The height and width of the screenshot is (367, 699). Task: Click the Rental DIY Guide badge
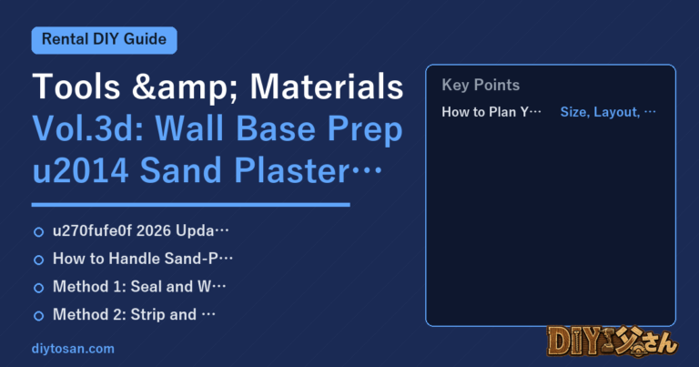[x=105, y=40]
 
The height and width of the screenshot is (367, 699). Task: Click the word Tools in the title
[x=76, y=87]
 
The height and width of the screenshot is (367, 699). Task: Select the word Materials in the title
[x=327, y=87]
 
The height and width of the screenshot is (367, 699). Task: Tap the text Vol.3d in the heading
[x=87, y=128]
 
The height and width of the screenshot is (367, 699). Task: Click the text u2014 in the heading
[x=81, y=170]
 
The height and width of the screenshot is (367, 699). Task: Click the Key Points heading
[x=481, y=85]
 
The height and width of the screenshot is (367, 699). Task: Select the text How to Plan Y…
[x=491, y=111]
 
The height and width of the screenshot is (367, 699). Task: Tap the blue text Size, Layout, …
[x=608, y=111]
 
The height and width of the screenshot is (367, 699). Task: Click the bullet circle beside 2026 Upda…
[x=39, y=232]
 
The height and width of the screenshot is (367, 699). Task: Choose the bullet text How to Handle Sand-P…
[x=143, y=259]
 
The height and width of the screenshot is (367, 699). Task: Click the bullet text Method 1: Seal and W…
[x=139, y=286]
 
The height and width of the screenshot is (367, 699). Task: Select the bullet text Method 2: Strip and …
[x=134, y=314]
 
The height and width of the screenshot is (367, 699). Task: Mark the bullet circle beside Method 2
[x=39, y=316]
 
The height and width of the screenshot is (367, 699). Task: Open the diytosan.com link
[x=73, y=348]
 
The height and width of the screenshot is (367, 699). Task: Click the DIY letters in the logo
[x=572, y=342]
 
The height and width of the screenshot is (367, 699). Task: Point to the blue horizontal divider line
[x=191, y=205]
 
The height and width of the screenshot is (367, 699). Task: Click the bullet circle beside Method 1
[x=39, y=288]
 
